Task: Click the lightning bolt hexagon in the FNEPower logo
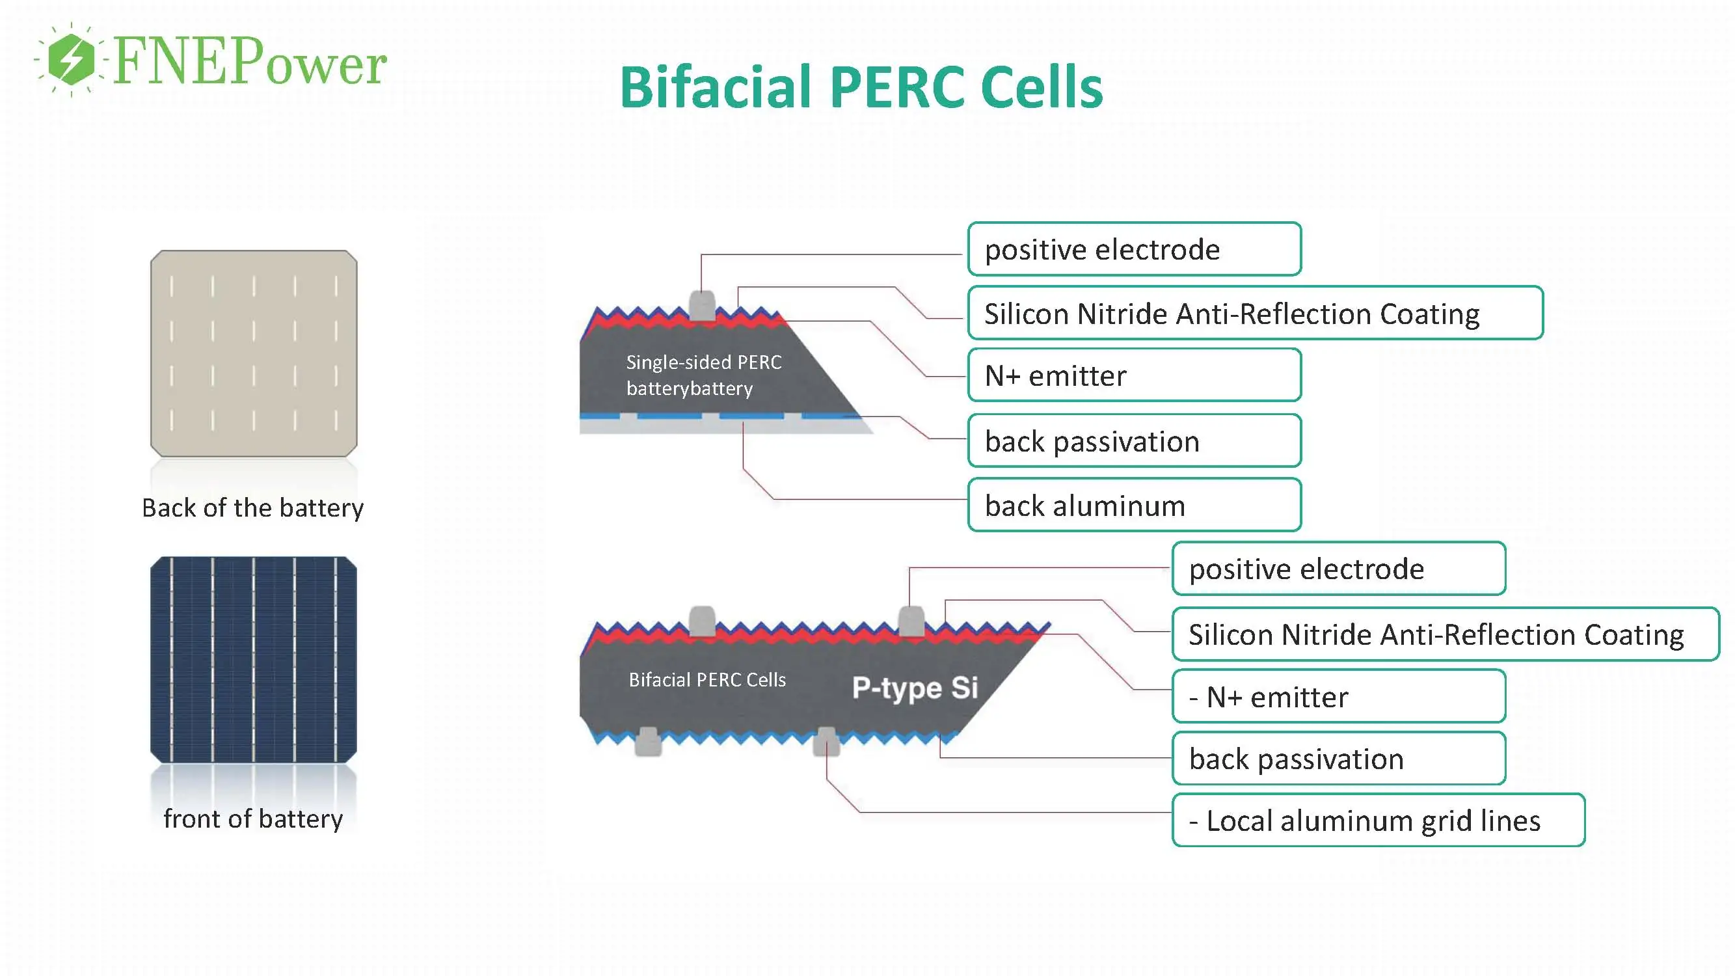(x=72, y=59)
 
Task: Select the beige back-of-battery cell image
(x=253, y=353)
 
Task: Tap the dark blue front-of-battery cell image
(x=253, y=659)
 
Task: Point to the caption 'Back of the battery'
(x=252, y=508)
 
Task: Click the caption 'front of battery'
(x=252, y=819)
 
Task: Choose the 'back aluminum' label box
(x=1134, y=505)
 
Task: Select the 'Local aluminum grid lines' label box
(x=1378, y=820)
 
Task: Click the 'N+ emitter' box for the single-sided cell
(x=1134, y=375)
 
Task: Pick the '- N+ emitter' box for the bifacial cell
(x=1338, y=696)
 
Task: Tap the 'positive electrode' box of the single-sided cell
(x=1134, y=249)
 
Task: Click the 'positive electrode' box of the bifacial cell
(x=1338, y=569)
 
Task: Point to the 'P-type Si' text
(x=915, y=688)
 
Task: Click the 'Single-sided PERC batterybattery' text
(x=703, y=375)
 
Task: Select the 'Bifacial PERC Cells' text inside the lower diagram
(x=707, y=680)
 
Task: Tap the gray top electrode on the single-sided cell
(x=702, y=306)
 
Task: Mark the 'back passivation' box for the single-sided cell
(x=1134, y=441)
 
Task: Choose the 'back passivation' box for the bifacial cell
(x=1338, y=759)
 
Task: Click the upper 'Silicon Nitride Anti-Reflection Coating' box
(x=1255, y=313)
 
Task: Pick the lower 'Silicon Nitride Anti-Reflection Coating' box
(x=1445, y=634)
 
